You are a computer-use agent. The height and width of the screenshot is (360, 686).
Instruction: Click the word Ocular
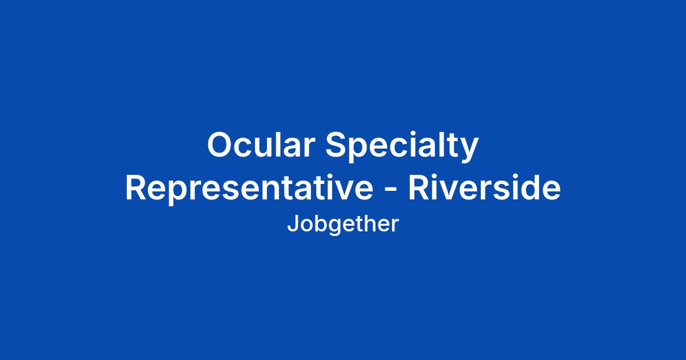point(261,145)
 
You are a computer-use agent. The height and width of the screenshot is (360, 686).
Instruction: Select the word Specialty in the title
point(401,147)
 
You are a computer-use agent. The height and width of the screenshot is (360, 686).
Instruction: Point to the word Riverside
point(485,187)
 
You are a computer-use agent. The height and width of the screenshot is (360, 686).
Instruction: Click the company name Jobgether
point(343,225)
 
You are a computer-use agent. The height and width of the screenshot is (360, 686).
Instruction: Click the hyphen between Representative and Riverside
point(390,190)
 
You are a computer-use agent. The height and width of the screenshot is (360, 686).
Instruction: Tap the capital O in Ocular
point(221,145)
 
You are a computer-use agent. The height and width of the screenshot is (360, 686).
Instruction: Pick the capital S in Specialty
point(337,145)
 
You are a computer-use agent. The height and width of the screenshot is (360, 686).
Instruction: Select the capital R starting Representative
point(136,187)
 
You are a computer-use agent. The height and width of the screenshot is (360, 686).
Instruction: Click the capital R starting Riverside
point(419,187)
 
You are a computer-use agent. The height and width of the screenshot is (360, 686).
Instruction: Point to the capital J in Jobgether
point(293,224)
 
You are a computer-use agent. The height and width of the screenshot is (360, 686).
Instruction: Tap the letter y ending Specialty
point(468,152)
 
